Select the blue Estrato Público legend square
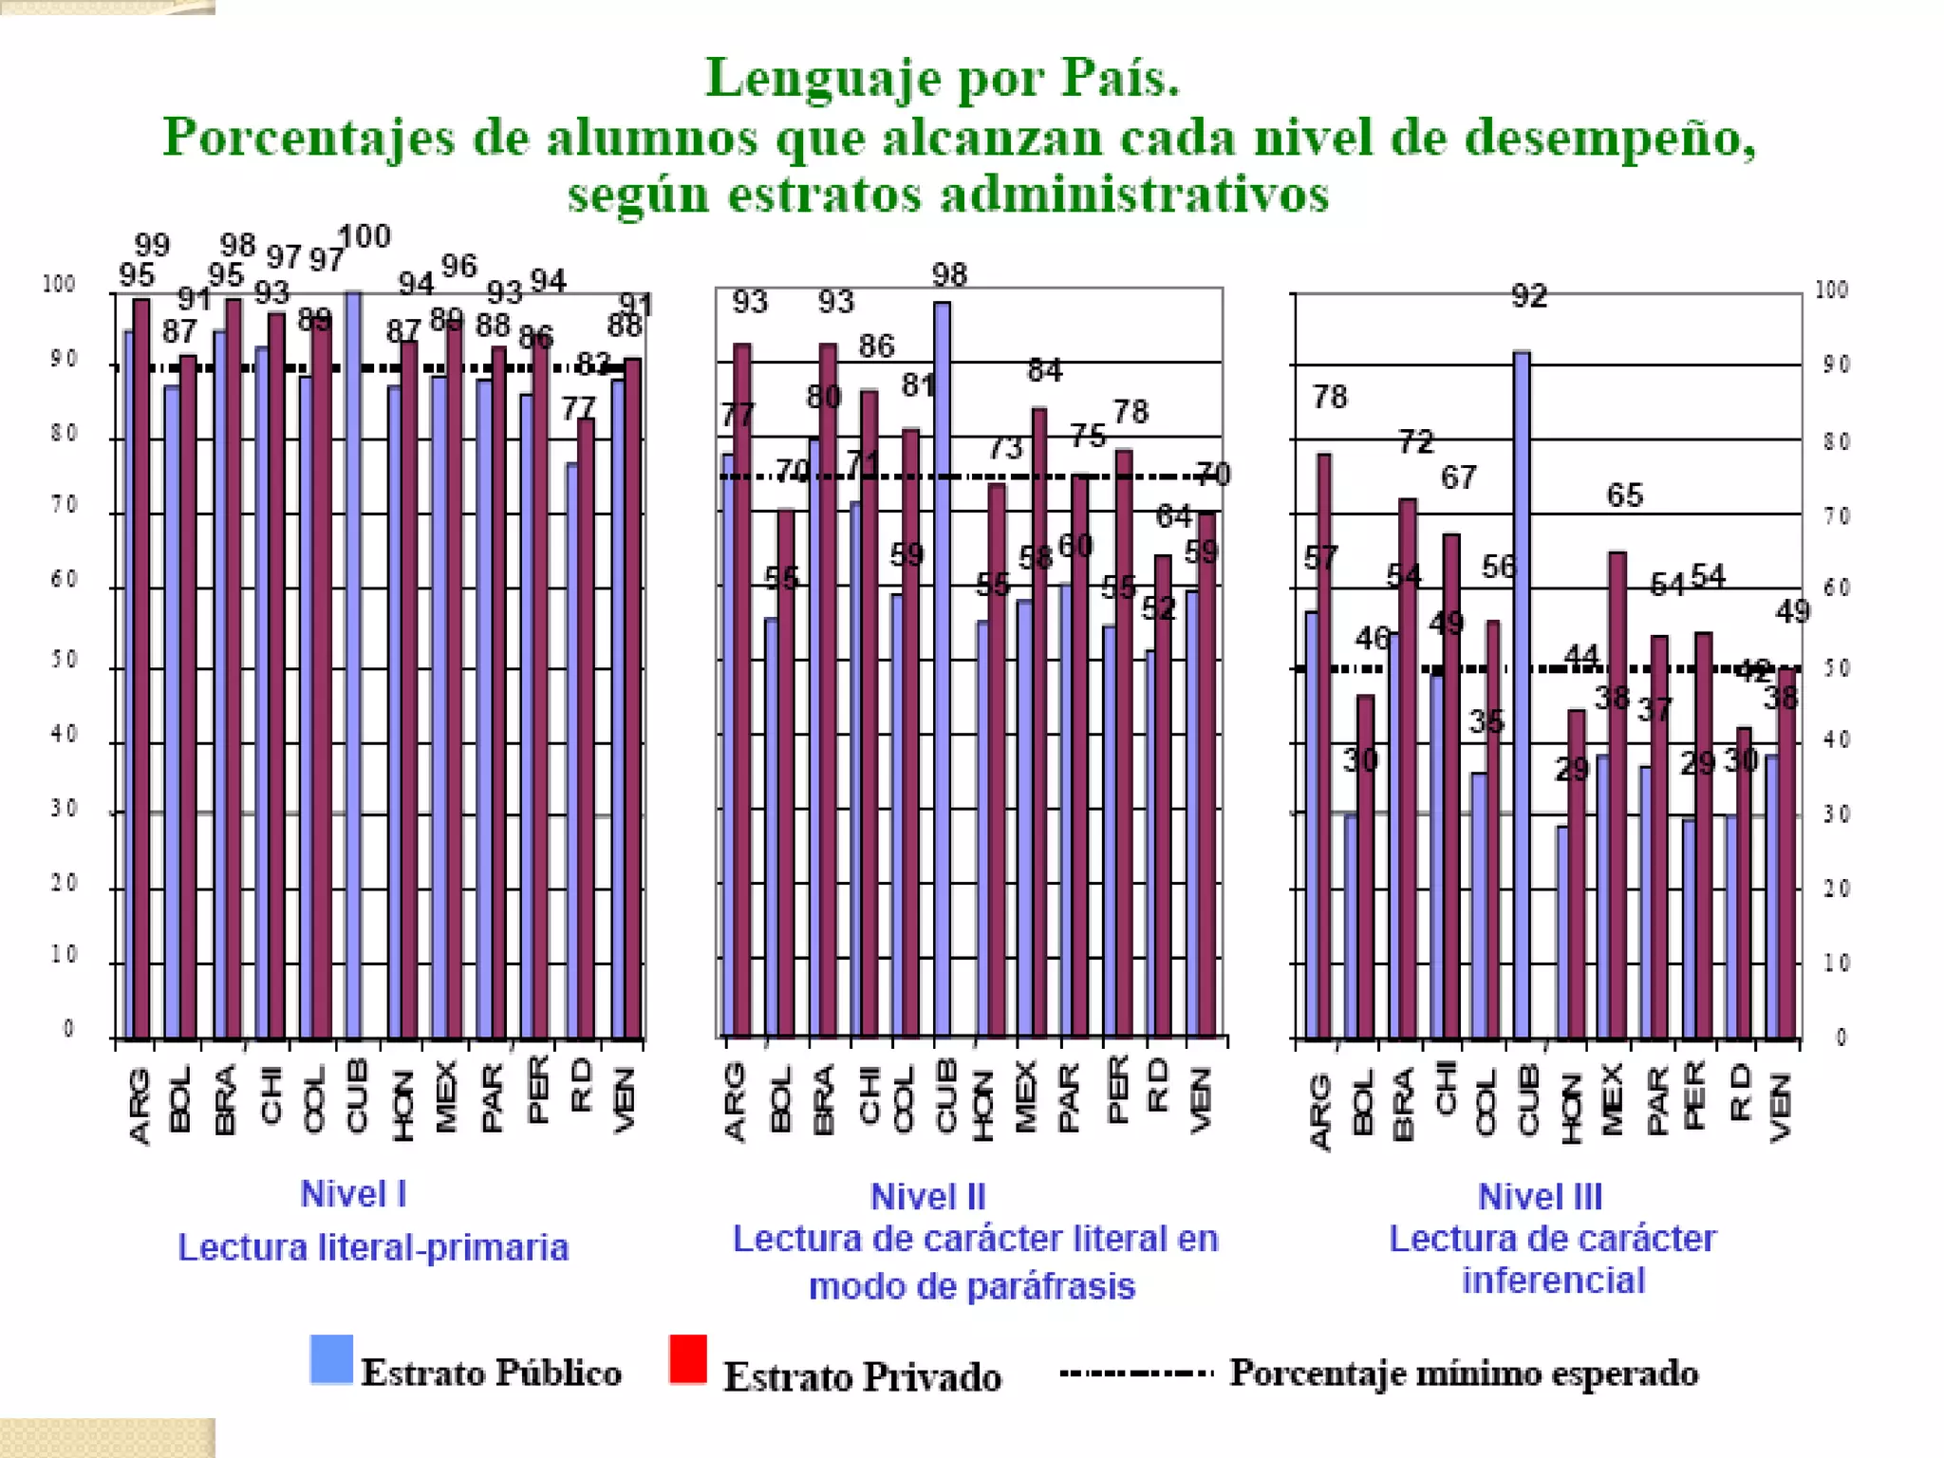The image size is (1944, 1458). click(x=331, y=1358)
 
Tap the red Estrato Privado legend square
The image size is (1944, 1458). click(x=688, y=1358)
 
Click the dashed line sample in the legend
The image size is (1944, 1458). click(x=1136, y=1373)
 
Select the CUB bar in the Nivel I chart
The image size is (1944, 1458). click(x=353, y=664)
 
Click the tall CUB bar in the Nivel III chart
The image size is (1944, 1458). click(x=1522, y=693)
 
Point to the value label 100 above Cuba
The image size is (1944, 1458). click(x=364, y=236)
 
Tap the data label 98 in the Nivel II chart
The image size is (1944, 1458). click(x=949, y=275)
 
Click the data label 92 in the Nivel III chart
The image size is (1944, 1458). click(x=1529, y=297)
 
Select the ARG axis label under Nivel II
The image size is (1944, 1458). click(x=735, y=1101)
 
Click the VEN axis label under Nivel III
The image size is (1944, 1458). click(x=1780, y=1107)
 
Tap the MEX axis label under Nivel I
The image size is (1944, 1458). click(x=446, y=1096)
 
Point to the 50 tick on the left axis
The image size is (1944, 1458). click(x=64, y=660)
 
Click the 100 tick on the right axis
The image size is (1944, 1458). click(x=1831, y=290)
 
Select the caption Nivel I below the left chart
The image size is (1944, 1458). click(x=353, y=1194)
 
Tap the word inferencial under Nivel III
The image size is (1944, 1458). click(x=1553, y=1280)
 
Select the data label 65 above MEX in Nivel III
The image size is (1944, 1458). click(x=1624, y=495)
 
